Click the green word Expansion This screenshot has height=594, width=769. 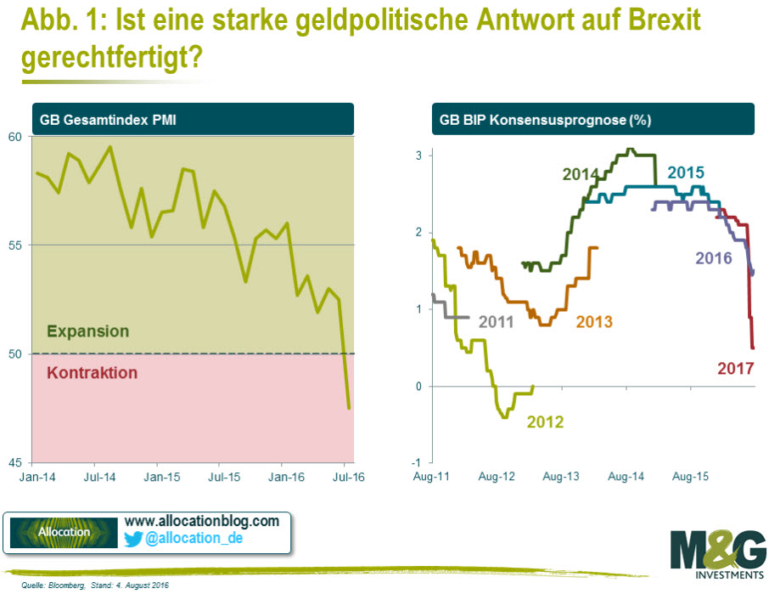coord(88,331)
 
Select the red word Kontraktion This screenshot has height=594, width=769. coord(92,372)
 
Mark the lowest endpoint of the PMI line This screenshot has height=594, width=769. coord(349,409)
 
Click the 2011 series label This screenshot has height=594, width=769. coord(496,321)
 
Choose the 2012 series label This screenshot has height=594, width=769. coord(545,420)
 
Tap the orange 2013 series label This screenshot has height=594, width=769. coord(594,321)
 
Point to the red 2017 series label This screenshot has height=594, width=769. coord(736,368)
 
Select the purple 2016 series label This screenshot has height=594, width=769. coord(713,257)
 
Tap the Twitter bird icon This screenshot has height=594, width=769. coord(134,538)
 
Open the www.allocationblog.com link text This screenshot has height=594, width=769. coord(202,520)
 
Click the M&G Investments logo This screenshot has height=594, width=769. coord(716,554)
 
